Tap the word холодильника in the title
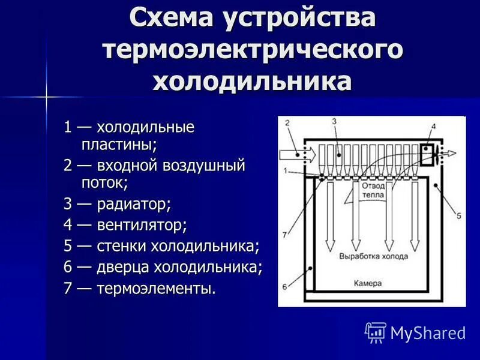tap(252, 80)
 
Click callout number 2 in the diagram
tap(287, 123)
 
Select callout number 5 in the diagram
tap(458, 215)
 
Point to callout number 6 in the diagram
tap(284, 286)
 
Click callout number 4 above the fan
tap(433, 127)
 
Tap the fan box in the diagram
tap(429, 154)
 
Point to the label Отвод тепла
tap(373, 190)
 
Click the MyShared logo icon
tap(376, 332)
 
